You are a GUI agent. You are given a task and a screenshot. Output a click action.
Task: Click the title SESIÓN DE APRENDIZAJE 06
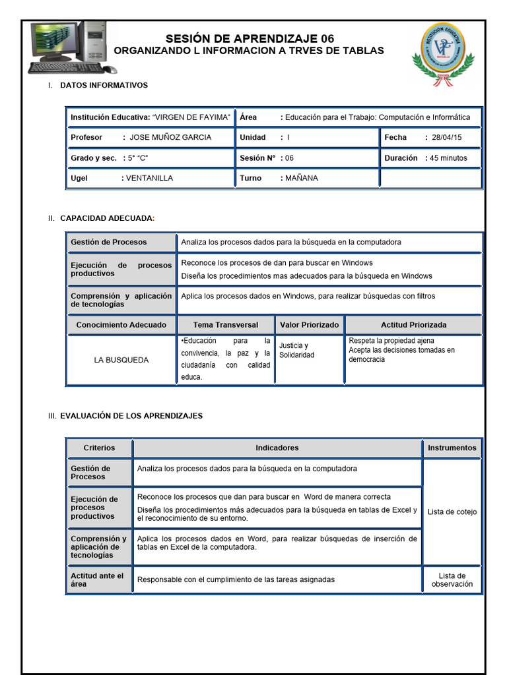(250, 39)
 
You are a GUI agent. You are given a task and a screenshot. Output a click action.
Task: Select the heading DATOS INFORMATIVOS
(104, 85)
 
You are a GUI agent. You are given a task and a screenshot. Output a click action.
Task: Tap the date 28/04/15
(447, 137)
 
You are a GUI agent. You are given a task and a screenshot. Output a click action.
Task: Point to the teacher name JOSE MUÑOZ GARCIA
(170, 137)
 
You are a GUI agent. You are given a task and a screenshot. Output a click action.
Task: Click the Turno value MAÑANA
(302, 178)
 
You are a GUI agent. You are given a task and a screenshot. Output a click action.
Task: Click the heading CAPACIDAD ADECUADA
(107, 218)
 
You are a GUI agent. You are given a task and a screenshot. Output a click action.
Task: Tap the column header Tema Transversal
(225, 324)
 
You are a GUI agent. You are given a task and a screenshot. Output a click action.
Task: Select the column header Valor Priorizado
(309, 324)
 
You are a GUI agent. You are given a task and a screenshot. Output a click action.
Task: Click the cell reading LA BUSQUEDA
(121, 360)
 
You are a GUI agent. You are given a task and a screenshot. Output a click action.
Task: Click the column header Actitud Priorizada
(413, 324)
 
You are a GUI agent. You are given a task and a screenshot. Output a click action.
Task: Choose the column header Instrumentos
(452, 448)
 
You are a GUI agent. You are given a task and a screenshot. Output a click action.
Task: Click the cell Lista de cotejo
(452, 512)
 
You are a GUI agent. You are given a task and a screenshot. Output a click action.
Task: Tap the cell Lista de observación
(452, 579)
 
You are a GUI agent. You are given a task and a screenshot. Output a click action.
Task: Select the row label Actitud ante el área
(97, 579)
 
